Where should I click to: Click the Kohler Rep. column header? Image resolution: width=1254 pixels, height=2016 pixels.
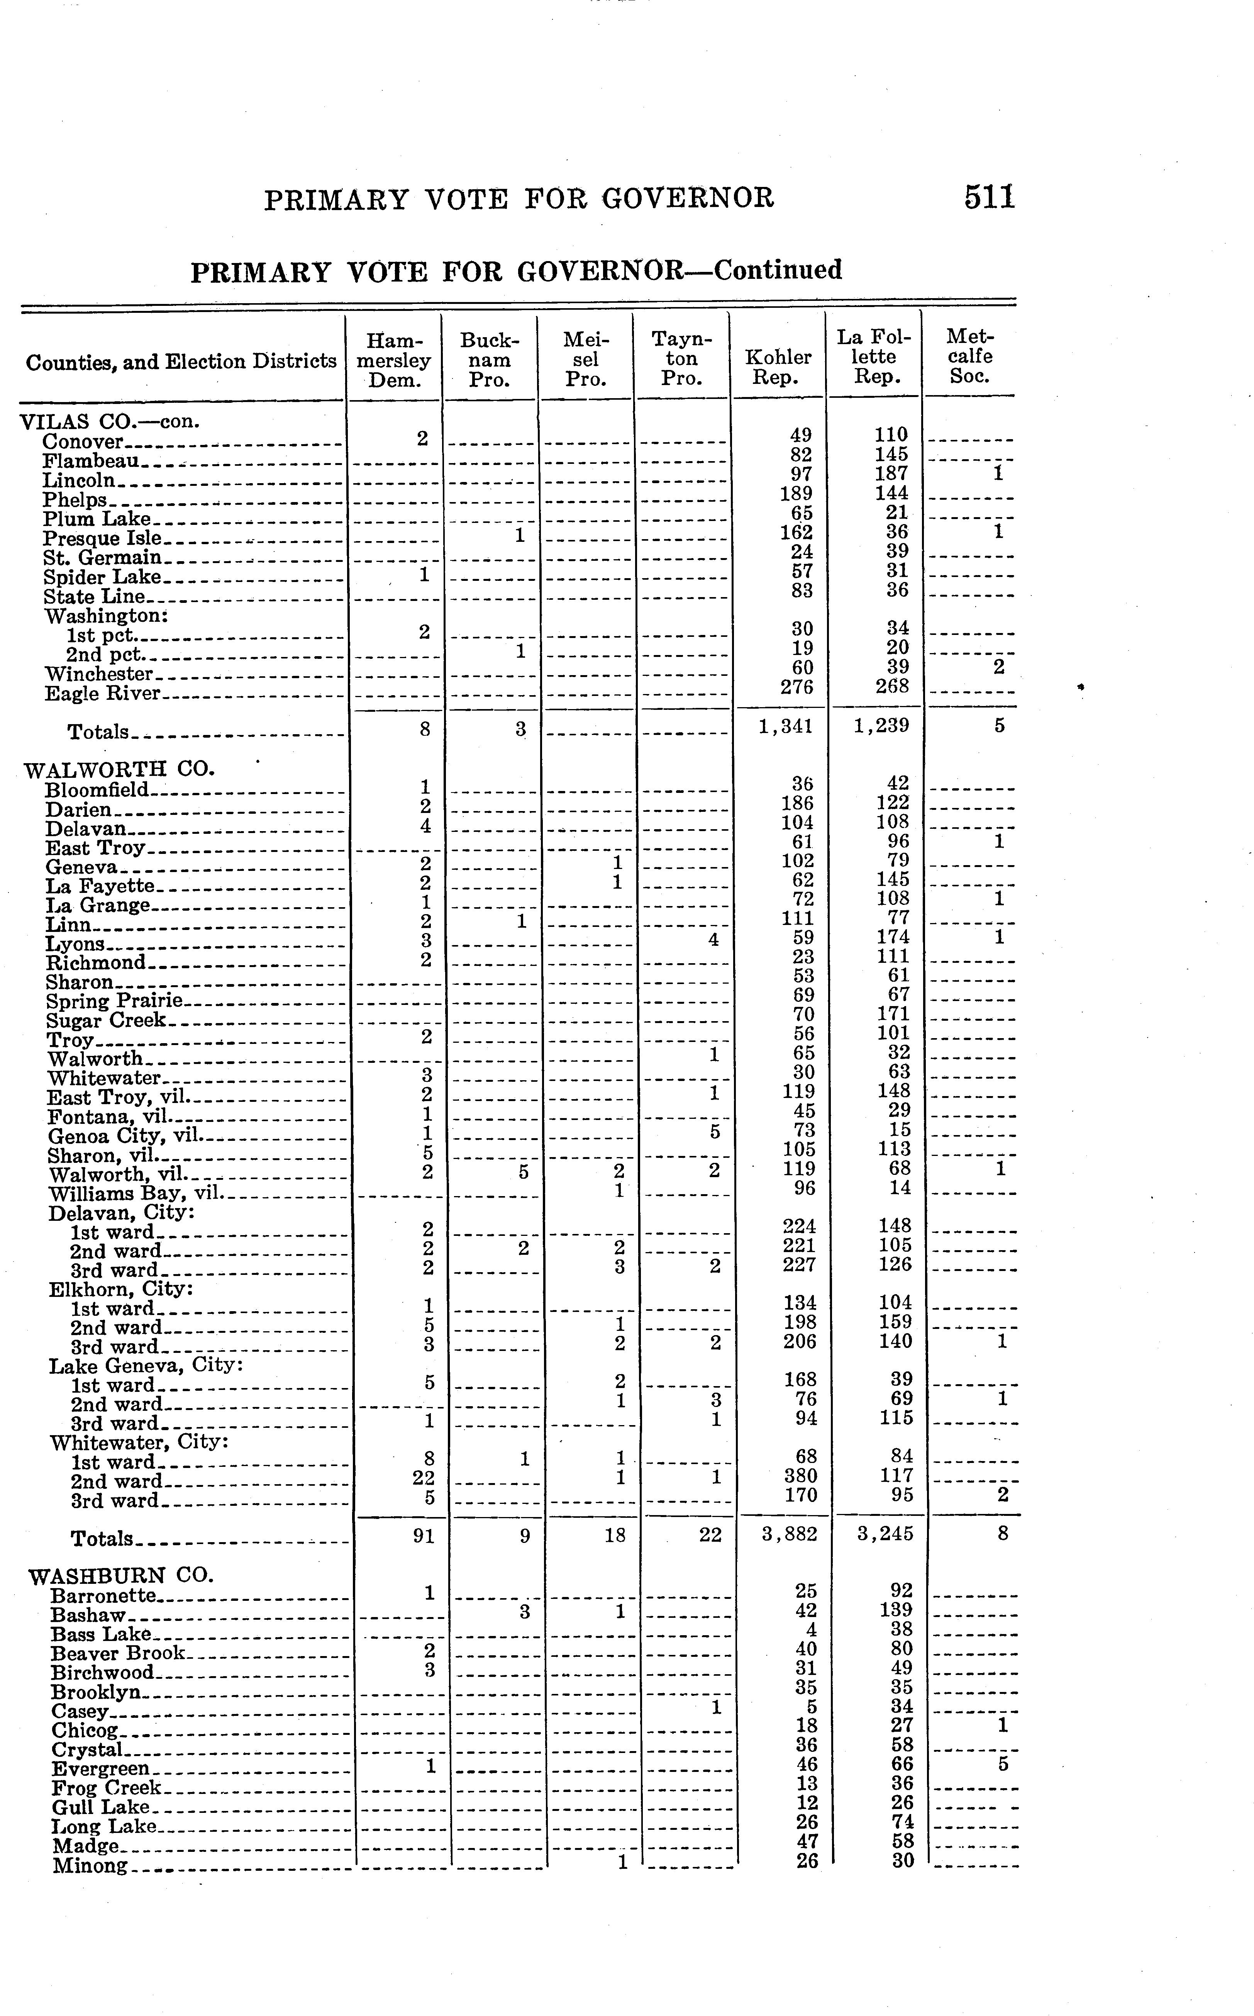778,367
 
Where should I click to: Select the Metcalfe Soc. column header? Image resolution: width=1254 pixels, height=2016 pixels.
969,357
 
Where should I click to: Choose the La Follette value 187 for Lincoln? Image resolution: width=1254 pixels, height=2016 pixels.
891,473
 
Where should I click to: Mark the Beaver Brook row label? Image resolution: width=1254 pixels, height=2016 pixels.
119,1653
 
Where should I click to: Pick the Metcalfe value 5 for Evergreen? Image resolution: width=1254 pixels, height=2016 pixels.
1003,1764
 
